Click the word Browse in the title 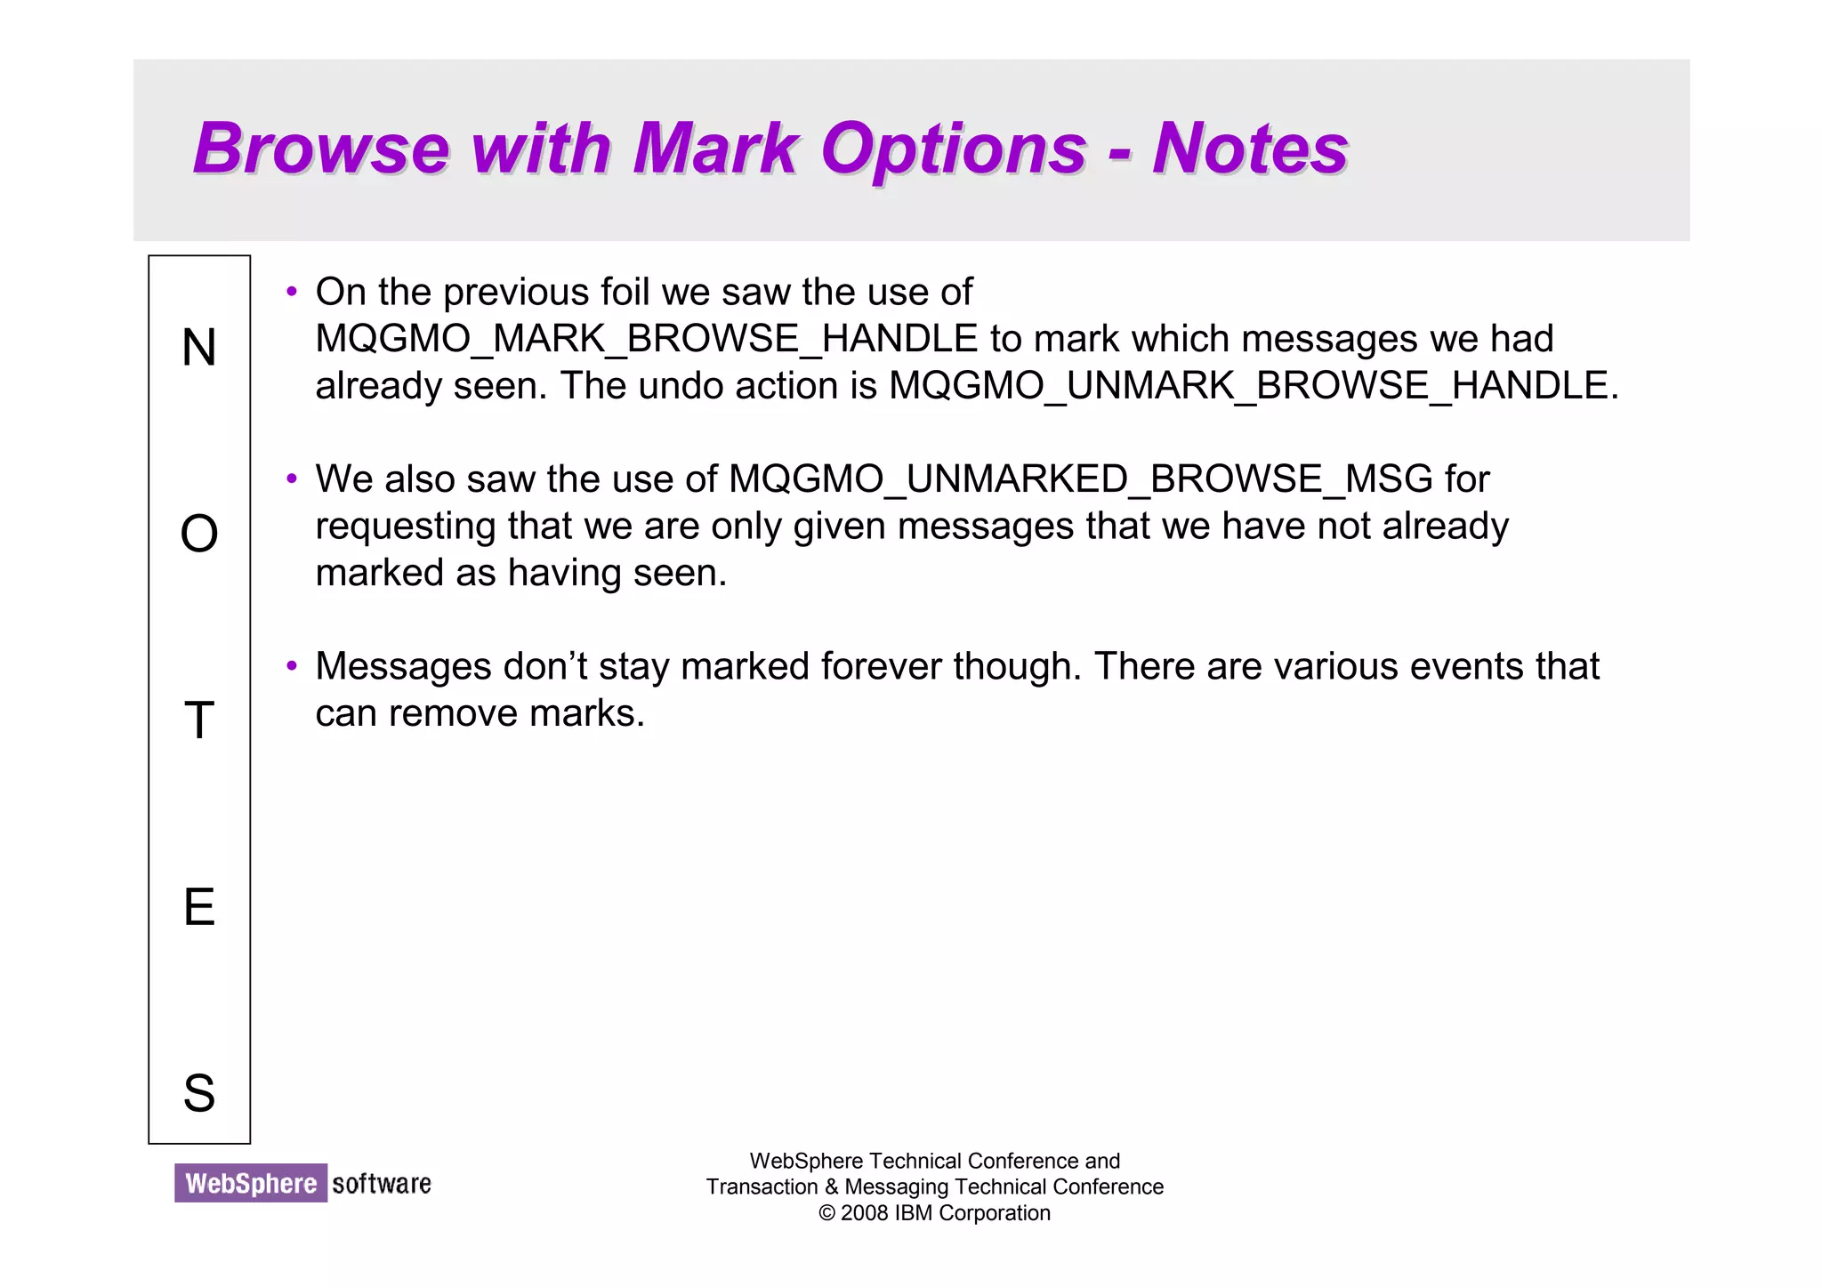point(321,148)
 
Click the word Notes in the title point(1250,148)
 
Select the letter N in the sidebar point(199,348)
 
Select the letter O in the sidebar point(199,535)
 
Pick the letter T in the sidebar point(199,720)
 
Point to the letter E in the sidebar point(199,907)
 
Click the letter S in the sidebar point(199,1093)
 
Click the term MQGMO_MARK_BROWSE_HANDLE point(646,340)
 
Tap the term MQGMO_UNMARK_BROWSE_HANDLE point(1248,386)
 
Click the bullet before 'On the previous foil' point(291,292)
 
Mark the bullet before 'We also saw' point(291,479)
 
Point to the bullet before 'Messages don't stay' point(291,666)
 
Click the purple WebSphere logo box point(251,1183)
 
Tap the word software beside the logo point(382,1184)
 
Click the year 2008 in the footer point(864,1213)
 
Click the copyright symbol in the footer point(826,1213)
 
